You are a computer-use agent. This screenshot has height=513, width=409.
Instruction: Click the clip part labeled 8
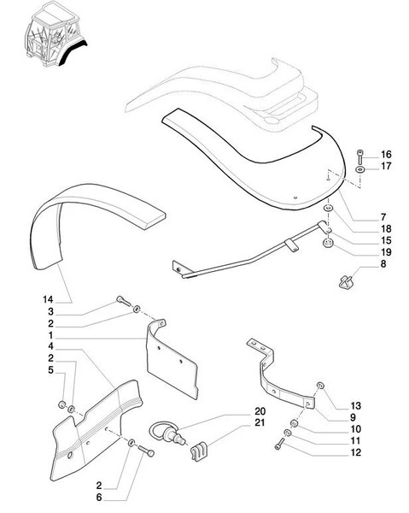[x=344, y=280]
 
